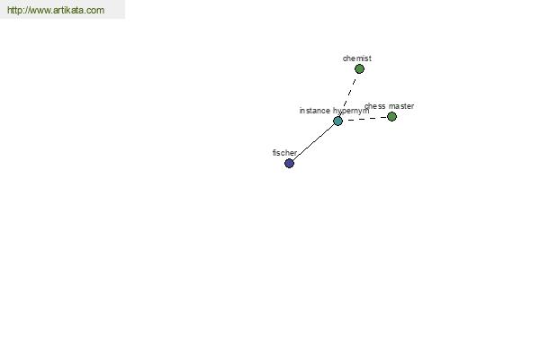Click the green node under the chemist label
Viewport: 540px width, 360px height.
pos(359,69)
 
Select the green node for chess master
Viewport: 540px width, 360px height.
pos(391,117)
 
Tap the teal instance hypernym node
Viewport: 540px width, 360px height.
pos(337,121)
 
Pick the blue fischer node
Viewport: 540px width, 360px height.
pos(289,163)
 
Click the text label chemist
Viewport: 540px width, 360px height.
pos(357,58)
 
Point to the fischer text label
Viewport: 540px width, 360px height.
pos(284,153)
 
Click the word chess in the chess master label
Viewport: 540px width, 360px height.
pos(374,106)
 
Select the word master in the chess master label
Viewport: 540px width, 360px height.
pos(401,106)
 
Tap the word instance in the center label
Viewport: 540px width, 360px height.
pos(314,111)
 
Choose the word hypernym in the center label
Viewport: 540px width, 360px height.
pos(351,112)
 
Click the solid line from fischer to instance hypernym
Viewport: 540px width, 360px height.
pos(313,142)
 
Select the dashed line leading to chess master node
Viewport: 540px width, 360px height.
pos(366,119)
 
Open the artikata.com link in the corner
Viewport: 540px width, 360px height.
pos(56,10)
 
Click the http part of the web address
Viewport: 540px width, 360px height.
pos(14,10)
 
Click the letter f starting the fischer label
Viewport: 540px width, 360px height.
pos(274,153)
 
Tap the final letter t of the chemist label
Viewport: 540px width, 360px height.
pos(370,58)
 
